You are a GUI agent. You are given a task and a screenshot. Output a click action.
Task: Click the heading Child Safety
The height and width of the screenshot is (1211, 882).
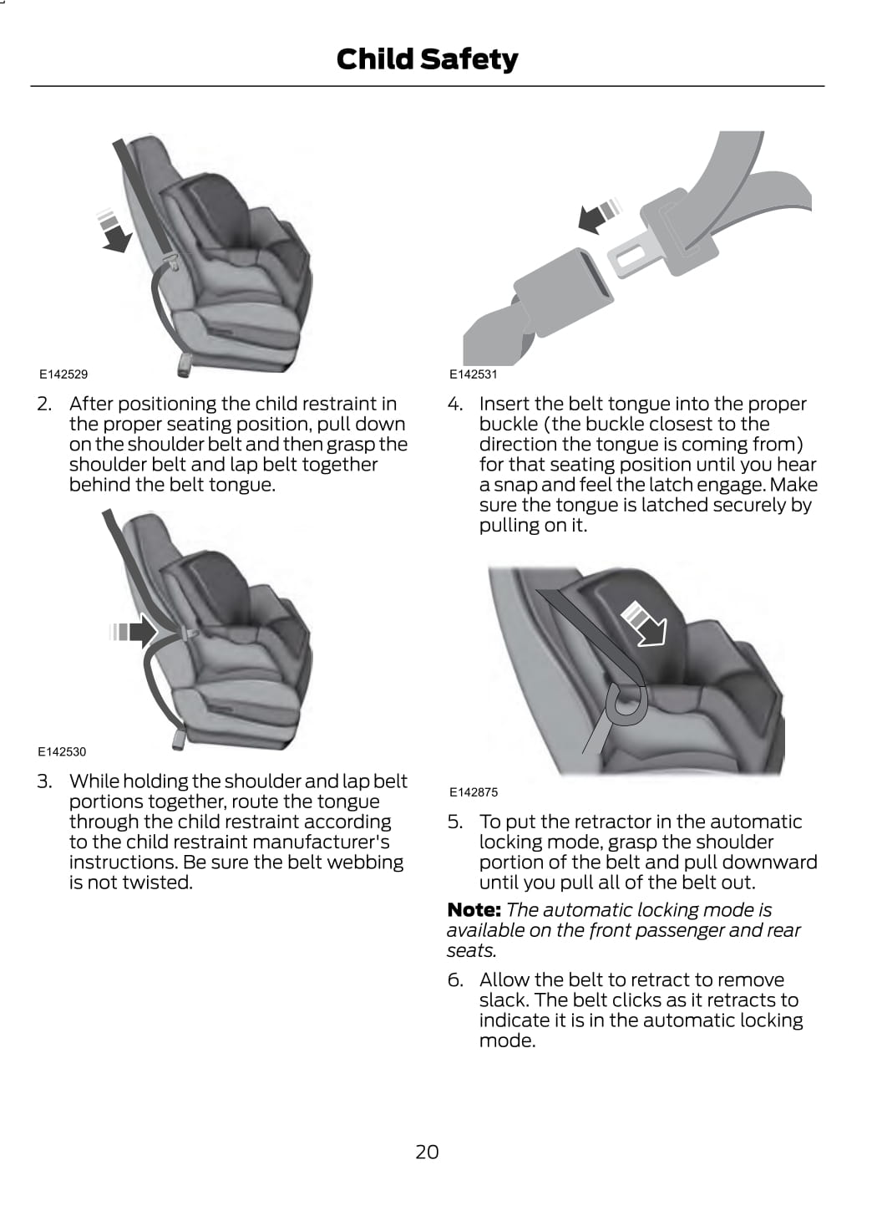click(x=427, y=59)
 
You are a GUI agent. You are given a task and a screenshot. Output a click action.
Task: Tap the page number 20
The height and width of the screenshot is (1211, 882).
click(x=427, y=1152)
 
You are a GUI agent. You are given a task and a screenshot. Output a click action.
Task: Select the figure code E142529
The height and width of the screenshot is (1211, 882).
click(x=63, y=374)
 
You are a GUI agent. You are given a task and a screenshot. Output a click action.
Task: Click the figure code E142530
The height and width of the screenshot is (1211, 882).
click(x=62, y=751)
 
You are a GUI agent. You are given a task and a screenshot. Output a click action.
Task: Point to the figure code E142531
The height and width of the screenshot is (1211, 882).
click(x=474, y=374)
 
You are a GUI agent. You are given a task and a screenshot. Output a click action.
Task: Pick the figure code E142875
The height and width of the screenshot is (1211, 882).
click(x=474, y=792)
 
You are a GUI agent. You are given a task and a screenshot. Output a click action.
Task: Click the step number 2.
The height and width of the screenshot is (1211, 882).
click(x=44, y=404)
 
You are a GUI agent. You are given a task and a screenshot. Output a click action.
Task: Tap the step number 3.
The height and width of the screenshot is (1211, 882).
click(x=44, y=781)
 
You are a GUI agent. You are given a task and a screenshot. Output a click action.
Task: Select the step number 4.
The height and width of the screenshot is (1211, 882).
click(x=455, y=404)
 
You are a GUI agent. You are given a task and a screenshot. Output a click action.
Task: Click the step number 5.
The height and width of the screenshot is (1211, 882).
click(x=455, y=822)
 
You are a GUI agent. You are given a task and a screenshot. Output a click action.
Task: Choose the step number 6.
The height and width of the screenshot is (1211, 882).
click(x=455, y=979)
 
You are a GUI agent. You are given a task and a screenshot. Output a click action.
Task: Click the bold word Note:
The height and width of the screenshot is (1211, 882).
click(x=474, y=910)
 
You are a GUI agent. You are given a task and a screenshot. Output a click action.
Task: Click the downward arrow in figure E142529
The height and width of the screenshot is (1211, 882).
click(x=114, y=231)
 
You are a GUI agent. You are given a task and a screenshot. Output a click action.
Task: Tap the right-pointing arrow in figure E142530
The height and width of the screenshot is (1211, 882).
click(x=133, y=631)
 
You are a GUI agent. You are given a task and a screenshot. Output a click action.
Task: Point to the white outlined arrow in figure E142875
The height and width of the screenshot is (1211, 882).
click(x=646, y=625)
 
